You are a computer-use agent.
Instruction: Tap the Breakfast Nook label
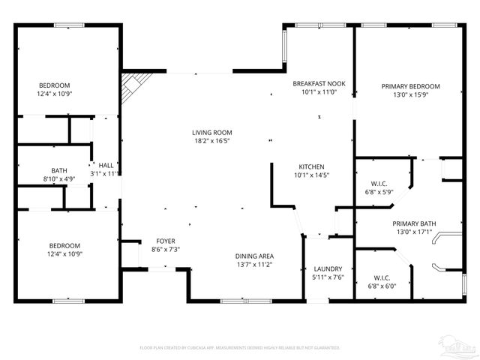[x=319, y=83]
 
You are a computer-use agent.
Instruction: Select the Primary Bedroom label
[x=410, y=86]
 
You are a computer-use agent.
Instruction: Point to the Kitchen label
[x=310, y=166]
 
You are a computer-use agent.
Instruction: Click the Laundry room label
[x=328, y=268]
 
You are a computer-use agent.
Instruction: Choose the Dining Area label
[x=253, y=256]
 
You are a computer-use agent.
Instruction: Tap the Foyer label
[x=166, y=241]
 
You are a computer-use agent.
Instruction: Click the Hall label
[x=106, y=165]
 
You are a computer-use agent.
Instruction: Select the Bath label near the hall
[x=58, y=170]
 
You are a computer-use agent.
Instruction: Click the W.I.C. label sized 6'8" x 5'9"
[x=378, y=183]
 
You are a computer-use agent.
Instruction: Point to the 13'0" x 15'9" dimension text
[x=410, y=95]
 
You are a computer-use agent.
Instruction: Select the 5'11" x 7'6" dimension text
[x=328, y=277]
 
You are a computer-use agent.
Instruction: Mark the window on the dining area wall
[x=246, y=301]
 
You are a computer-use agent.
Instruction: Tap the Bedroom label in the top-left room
[x=54, y=85]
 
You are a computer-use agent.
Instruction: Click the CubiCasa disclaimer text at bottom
[x=240, y=348]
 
